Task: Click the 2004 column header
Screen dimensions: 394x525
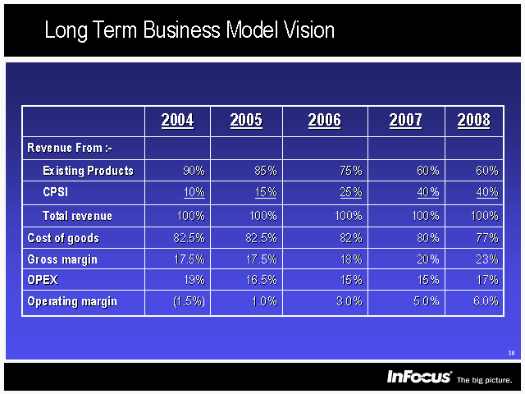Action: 177,121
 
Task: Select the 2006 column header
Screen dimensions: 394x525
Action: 324,121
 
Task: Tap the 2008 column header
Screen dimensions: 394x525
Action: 473,121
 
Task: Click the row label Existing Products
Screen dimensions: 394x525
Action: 88,171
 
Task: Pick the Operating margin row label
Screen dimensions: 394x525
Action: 72,301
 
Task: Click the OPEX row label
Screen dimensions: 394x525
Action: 42,280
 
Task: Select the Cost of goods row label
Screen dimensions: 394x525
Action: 63,238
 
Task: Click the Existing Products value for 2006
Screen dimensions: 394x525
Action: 349,171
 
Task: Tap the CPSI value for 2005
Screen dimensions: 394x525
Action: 264,192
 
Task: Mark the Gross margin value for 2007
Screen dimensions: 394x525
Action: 426,259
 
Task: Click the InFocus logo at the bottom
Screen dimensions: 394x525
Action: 419,377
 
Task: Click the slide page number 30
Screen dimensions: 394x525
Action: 511,353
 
